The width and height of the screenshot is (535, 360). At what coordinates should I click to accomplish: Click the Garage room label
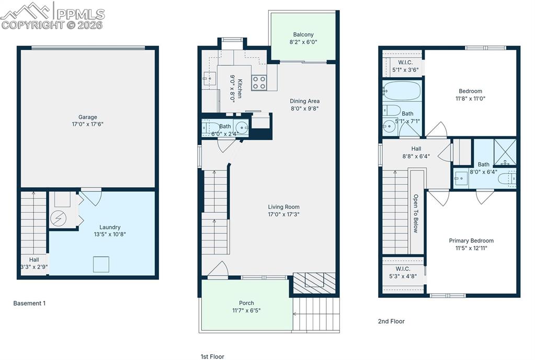[88, 117]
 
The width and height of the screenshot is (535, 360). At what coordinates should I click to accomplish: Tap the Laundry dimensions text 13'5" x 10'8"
[110, 234]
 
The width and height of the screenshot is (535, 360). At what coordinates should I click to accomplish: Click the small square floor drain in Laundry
[101, 264]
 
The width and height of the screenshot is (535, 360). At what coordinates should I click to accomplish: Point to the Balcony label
[303, 34]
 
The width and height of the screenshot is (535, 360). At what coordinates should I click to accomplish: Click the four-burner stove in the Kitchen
[259, 83]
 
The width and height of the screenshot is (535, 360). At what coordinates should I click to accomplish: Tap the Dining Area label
[304, 101]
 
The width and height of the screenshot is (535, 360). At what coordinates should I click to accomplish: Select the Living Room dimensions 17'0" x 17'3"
[283, 214]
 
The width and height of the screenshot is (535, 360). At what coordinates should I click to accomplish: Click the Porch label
[246, 303]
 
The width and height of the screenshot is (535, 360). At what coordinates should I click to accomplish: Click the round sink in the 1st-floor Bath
[241, 127]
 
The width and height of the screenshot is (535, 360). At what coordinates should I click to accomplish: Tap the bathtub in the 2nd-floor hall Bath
[401, 91]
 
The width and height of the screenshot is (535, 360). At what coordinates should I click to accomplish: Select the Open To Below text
[416, 213]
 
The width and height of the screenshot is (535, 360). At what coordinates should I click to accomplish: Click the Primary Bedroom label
[471, 241]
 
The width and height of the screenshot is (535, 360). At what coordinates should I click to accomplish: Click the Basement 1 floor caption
[29, 303]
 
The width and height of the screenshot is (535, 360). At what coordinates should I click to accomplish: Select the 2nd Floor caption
[391, 321]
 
